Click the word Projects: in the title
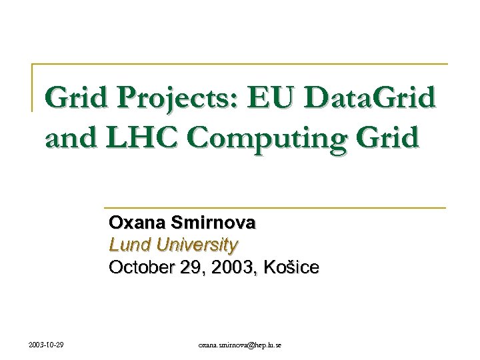click(x=171, y=99)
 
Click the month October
click(x=140, y=268)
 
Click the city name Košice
click(x=291, y=268)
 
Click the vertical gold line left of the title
click(x=33, y=87)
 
